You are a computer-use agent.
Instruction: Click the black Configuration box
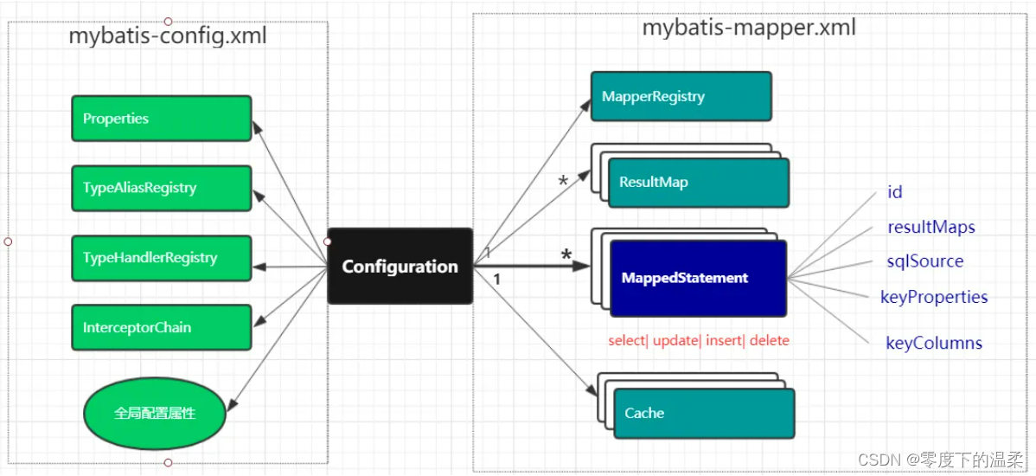400,266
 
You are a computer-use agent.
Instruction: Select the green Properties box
161,119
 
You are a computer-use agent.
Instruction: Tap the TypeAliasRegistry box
161,188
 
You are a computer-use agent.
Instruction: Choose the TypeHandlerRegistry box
161,258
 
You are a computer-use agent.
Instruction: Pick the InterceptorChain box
161,327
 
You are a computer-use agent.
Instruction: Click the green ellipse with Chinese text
155,414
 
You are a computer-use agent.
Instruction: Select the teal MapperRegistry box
681,96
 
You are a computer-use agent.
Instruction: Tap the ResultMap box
699,183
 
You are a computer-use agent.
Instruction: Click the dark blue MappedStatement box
698,278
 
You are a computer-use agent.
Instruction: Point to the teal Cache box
703,413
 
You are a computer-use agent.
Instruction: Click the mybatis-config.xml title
168,36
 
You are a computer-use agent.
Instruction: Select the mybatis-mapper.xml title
749,27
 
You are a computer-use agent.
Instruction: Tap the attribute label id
895,192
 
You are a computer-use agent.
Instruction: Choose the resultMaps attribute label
931,228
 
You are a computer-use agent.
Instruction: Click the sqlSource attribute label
925,261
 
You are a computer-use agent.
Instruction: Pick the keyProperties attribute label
934,297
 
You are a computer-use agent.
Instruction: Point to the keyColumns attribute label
934,343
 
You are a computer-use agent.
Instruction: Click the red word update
675,340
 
